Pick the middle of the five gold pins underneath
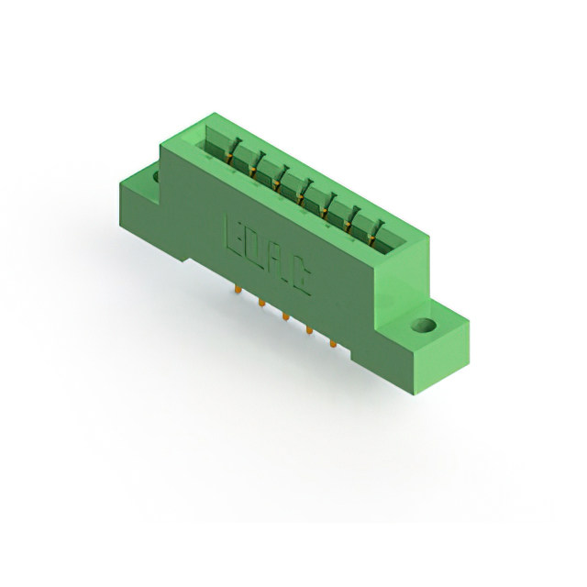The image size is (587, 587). [284, 316]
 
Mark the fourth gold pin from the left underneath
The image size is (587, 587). [308, 330]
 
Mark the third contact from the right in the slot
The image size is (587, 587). [327, 208]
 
